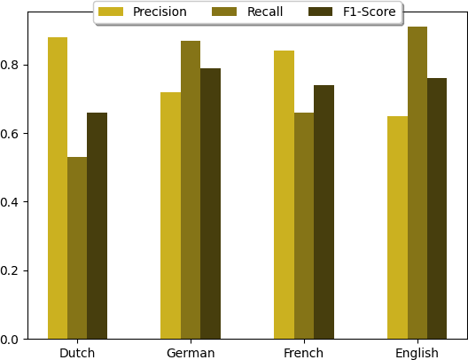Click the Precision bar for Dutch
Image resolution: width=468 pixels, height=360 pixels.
click(x=58, y=188)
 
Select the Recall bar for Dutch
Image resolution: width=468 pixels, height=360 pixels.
click(x=77, y=248)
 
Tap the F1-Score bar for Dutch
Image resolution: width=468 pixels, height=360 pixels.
click(x=97, y=226)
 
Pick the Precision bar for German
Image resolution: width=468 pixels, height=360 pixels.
click(x=170, y=215)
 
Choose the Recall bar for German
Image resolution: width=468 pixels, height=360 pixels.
click(x=191, y=190)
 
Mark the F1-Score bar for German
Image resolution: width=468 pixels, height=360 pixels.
click(x=210, y=204)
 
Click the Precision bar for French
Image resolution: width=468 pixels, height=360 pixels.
click(x=284, y=195)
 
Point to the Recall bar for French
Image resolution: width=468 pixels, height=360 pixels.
click(x=304, y=226)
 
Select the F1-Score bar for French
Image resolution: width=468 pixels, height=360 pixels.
click(x=324, y=212)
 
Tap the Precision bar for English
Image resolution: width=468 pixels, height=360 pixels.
click(x=397, y=228)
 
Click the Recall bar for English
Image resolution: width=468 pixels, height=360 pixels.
click(x=417, y=183)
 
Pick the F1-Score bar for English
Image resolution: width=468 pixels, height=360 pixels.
click(x=437, y=208)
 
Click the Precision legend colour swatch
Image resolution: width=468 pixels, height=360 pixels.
click(x=111, y=12)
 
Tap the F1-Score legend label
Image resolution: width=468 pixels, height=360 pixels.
click(x=369, y=12)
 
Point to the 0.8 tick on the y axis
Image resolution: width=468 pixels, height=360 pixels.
click(x=12, y=65)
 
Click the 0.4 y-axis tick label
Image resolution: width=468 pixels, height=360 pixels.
click(x=12, y=202)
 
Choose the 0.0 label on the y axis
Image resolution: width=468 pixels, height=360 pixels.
click(x=12, y=339)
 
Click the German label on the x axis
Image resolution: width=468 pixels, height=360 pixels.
click(x=191, y=353)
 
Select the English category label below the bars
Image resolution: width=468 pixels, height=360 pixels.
click(x=417, y=353)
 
